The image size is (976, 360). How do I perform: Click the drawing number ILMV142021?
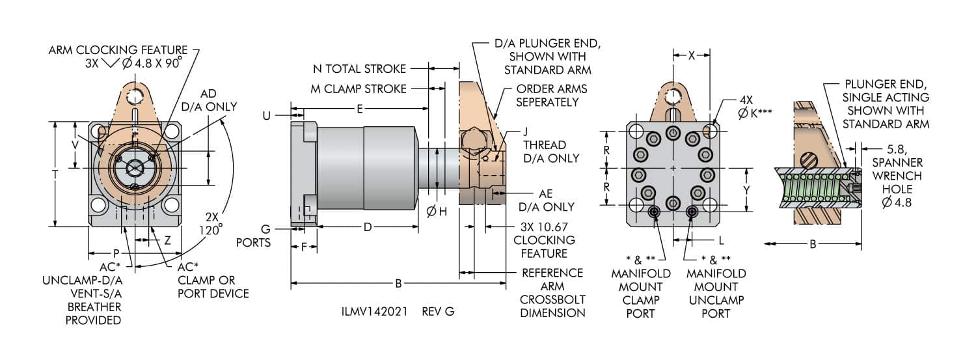coord(374,312)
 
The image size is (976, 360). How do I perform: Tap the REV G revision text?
coord(438,312)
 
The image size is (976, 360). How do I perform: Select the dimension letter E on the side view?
coord(359,109)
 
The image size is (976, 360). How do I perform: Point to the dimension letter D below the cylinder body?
coord(368,227)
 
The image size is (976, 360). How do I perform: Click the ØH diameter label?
coord(437,212)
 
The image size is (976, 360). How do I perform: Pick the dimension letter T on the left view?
coord(55,174)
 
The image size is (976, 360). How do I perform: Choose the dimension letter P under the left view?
coord(116,253)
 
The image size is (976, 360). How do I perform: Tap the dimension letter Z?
coord(167,240)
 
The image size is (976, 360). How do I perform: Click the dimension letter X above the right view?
coord(692,55)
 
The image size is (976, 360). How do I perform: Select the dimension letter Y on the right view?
coord(746,190)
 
